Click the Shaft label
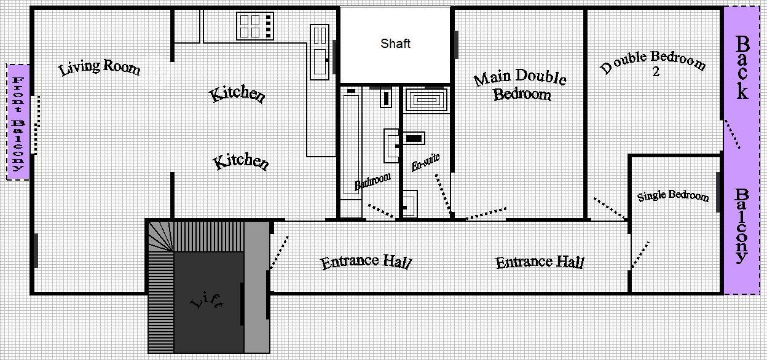[x=395, y=44]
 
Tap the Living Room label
[x=100, y=67]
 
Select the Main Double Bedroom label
[x=521, y=85]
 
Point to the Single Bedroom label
[x=673, y=196]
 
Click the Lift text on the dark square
[x=207, y=301]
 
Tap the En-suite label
[x=425, y=163]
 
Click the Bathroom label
[x=372, y=181]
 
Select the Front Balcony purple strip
[x=18, y=122]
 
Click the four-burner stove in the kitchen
[x=255, y=26]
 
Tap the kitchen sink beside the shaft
[x=320, y=52]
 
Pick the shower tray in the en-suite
[x=427, y=100]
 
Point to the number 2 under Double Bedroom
[x=656, y=72]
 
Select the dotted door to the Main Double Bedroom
[x=486, y=213]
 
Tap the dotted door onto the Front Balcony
[x=37, y=125]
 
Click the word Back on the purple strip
[x=742, y=68]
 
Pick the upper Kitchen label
[x=237, y=94]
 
